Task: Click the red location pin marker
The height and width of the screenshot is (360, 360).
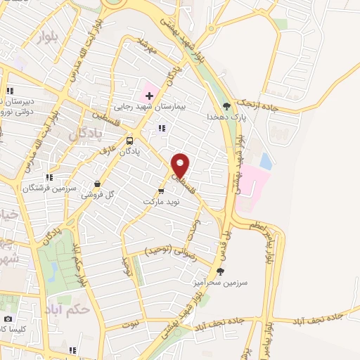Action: tap(181, 165)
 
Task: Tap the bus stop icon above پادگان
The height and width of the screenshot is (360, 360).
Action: tap(129, 140)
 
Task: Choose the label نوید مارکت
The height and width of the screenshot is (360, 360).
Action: tap(162, 201)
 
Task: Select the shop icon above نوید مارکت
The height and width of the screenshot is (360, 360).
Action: tap(162, 190)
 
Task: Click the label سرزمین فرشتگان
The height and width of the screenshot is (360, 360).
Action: tap(44, 188)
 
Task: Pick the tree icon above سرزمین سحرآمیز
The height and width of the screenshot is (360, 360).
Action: tap(220, 271)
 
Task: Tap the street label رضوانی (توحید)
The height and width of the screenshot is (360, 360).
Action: tap(167, 250)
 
